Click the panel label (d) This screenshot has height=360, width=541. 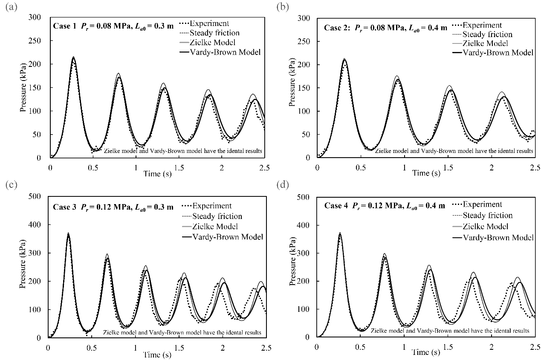[283, 186]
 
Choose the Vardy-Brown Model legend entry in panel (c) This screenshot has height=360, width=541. [227, 236]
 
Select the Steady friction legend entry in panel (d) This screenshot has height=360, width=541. [487, 215]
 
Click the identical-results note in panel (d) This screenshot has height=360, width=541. [450, 331]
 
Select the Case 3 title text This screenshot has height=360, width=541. [113, 207]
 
